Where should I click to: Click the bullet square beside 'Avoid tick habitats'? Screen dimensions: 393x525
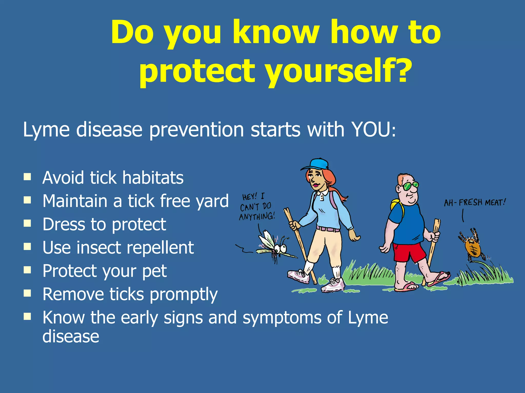click(x=27, y=177)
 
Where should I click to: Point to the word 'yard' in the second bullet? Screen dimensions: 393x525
click(x=213, y=201)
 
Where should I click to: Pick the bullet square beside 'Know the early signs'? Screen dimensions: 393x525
click(x=27, y=317)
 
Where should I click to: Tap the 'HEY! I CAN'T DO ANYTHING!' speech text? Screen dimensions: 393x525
click(x=256, y=207)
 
